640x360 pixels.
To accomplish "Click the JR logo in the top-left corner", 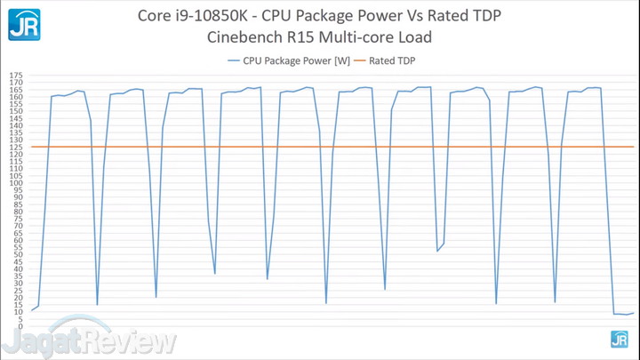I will (x=24, y=24).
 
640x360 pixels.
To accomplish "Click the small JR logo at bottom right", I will (x=619, y=339).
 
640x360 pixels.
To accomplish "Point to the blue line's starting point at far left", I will (x=31, y=310).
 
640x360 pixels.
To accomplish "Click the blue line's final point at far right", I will (x=634, y=312).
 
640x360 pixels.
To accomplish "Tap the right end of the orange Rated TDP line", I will (x=633, y=147).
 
